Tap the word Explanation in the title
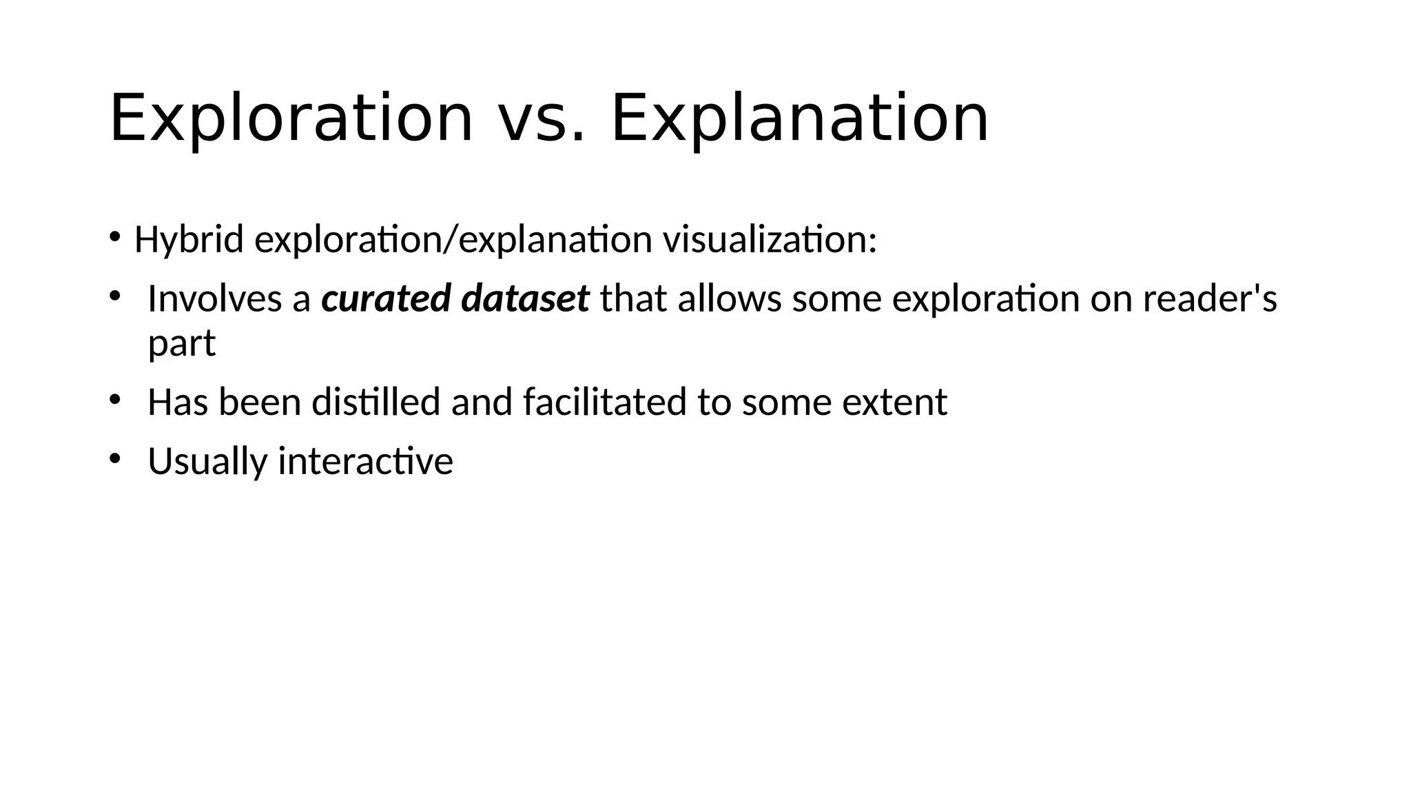pos(800,119)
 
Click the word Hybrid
pos(189,241)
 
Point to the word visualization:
pos(770,240)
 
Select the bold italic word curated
pos(386,298)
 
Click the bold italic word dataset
pos(525,298)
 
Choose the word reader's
pos(1210,298)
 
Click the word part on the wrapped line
pos(182,344)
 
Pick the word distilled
pos(375,402)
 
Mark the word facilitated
pos(604,402)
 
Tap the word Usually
pos(207,461)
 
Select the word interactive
pos(365,460)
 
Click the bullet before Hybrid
pos(114,238)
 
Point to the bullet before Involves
pos(114,296)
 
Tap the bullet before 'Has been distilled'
pos(114,400)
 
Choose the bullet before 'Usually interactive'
pos(114,458)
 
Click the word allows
pos(730,298)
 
